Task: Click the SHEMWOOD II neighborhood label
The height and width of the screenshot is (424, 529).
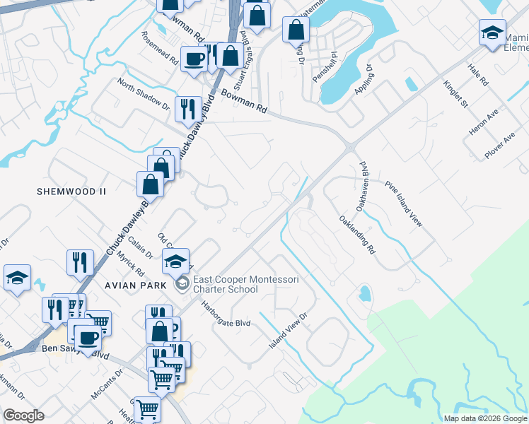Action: pos(72,192)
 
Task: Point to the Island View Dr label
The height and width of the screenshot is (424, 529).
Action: pos(289,331)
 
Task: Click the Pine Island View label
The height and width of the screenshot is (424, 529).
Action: pos(404,204)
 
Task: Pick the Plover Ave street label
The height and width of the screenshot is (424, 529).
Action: pos(499,146)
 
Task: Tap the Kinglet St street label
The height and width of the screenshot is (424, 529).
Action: pos(456,94)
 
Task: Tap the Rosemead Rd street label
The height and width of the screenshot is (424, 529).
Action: pos(159,49)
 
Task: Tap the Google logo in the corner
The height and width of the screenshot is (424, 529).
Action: pos(23,415)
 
